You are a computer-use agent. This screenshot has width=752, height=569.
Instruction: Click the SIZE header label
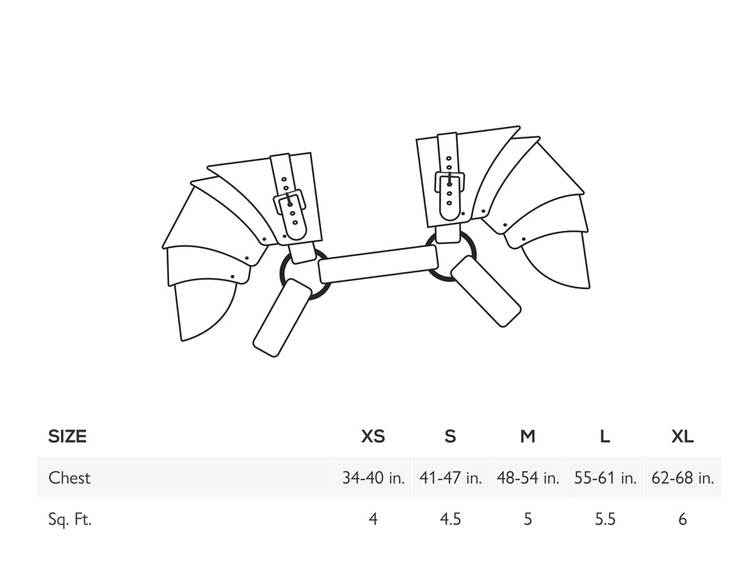67,437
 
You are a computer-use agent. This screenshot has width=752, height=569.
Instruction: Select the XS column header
373,437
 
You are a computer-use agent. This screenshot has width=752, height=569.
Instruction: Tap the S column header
450,437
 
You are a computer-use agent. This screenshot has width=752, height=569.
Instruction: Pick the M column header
528,437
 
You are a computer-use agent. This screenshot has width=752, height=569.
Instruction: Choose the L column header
605,437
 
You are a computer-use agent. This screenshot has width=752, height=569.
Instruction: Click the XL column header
682,437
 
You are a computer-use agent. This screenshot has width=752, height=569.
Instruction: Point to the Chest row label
69,478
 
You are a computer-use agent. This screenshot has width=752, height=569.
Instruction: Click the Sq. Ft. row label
70,519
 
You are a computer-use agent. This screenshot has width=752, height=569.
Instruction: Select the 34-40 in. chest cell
373,478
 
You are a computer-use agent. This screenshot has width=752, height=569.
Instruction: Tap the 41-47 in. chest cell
450,478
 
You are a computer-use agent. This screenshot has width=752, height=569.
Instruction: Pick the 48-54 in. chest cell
528,478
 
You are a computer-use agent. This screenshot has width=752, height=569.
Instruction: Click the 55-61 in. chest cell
605,478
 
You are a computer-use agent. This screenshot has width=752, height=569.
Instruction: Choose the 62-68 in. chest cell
682,478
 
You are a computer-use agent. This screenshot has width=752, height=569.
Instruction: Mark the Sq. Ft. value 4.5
450,519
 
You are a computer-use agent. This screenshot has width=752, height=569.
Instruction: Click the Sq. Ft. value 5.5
605,519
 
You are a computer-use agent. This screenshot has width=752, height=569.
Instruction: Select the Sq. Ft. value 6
682,519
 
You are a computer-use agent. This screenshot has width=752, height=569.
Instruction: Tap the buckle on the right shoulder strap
450,182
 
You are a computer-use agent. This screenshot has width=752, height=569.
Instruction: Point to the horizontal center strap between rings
379,265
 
